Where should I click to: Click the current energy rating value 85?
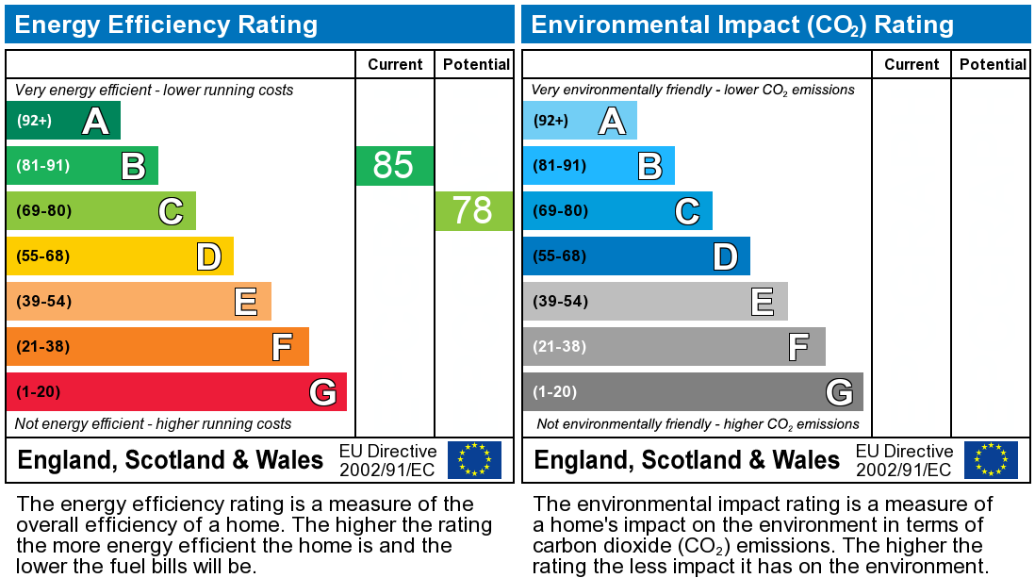point(394,165)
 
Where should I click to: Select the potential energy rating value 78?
point(473,210)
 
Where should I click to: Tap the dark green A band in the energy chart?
point(62,121)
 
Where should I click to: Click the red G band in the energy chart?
point(175,391)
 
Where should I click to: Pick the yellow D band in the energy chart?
point(119,256)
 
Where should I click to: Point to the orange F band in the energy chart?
point(156,346)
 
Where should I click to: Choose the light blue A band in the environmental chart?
point(579,121)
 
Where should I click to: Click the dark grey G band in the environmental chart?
point(692,391)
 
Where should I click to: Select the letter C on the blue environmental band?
point(687,211)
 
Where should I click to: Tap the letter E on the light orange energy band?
point(246,302)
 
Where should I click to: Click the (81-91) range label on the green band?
point(43,166)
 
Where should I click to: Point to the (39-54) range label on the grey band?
point(560,302)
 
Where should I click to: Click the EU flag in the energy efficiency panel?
point(474,459)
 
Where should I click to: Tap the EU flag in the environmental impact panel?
point(991,459)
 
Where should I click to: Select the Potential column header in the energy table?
point(476,64)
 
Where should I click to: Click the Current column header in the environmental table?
point(912,64)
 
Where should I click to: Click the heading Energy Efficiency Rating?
point(166,25)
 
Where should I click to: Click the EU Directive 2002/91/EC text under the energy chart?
point(387,460)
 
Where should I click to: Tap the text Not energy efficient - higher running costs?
point(154,424)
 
